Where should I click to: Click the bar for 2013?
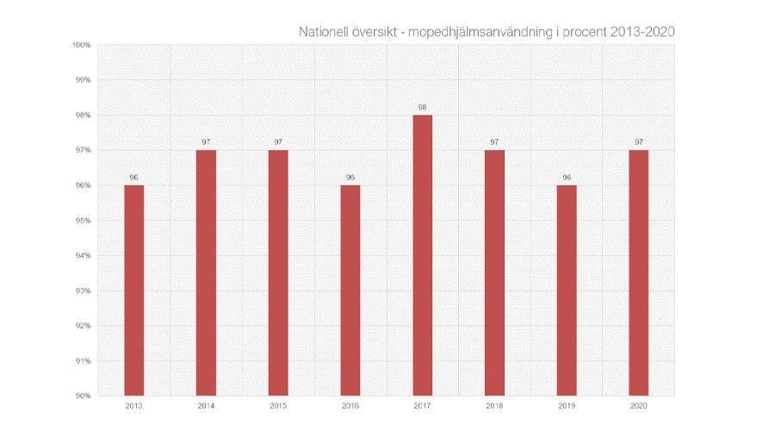point(133,290)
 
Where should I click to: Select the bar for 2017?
point(422,255)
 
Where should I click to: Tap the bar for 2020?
point(638,272)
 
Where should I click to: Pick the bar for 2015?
point(278,272)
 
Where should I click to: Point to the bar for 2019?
point(567,290)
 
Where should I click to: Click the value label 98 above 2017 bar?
point(422,108)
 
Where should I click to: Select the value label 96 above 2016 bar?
point(350,178)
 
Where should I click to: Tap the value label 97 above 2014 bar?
point(206,142)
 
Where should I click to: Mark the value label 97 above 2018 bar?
point(494,142)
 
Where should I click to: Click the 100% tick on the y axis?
point(83,45)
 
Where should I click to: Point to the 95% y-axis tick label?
point(84,221)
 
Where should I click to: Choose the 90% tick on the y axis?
point(84,396)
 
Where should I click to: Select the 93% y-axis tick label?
point(84,290)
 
